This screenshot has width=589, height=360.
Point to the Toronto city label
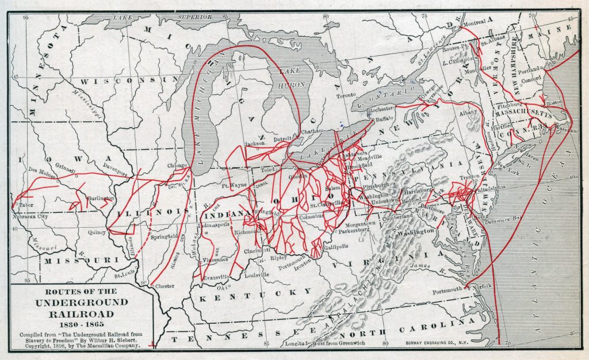pyautogui.click(x=347, y=95)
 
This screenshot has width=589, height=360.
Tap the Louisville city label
pyautogui.click(x=257, y=274)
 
